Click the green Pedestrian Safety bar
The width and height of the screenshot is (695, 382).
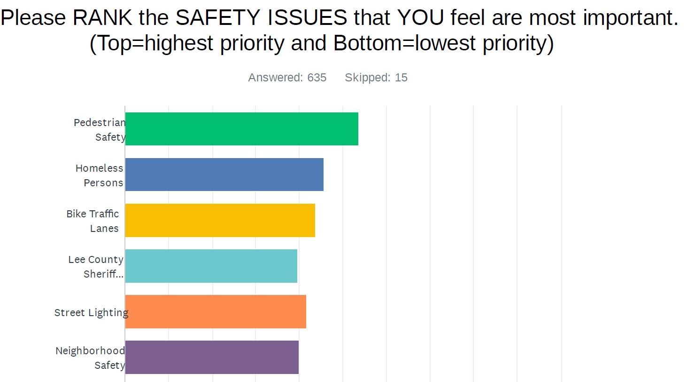pos(241,129)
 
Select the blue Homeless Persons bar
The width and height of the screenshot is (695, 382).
pos(224,175)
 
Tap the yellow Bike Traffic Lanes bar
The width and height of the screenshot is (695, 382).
pos(220,220)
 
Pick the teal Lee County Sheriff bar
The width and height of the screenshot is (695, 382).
pos(211,266)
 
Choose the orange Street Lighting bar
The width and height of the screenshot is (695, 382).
pos(216,311)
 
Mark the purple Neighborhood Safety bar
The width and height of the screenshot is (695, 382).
pos(212,357)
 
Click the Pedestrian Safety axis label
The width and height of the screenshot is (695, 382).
pos(100,129)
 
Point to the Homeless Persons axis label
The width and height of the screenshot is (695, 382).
pos(100,175)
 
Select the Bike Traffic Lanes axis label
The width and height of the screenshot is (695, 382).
pos(93,221)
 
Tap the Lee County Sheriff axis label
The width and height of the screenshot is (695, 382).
pos(96,266)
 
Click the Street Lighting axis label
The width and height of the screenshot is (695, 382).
pos(91,312)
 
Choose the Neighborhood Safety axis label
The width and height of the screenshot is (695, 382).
pos(90,358)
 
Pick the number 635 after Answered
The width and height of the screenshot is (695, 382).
pos(317,78)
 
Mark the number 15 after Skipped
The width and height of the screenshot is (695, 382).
pos(401,78)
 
